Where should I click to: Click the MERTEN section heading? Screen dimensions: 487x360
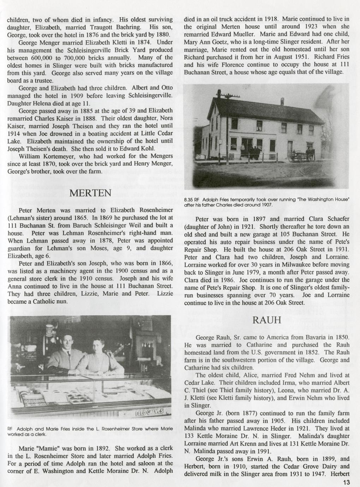pos(91,193)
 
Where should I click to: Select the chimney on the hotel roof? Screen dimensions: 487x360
pos(282,101)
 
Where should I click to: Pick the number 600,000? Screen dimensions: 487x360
pos(40,58)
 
